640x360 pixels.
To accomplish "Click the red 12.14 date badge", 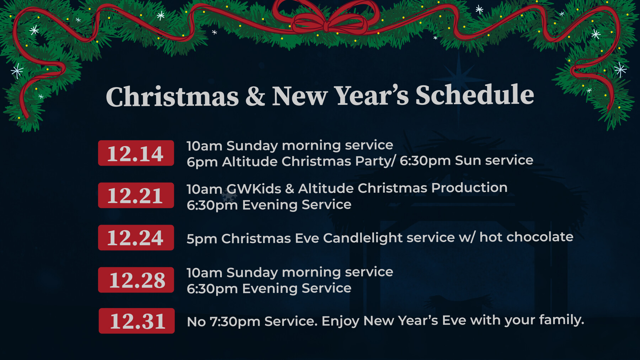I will tap(136, 153).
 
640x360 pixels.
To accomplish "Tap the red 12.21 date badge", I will tap(136, 195).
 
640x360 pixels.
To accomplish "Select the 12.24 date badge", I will tap(136, 238).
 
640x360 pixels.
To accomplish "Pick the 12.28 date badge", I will tap(136, 280).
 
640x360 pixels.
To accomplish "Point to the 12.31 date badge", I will tap(137, 321).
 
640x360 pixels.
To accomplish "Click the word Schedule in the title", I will tap(475, 95).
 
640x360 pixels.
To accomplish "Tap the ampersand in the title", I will tap(255, 96).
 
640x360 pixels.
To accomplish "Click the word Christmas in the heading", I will tap(172, 97).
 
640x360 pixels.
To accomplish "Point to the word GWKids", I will tap(254, 189).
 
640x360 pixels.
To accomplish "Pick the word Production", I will tap(469, 188).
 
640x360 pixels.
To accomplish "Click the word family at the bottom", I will tap(561, 320).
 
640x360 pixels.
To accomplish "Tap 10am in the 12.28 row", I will tap(204, 273).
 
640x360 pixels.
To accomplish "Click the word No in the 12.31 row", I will tap(196, 322).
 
